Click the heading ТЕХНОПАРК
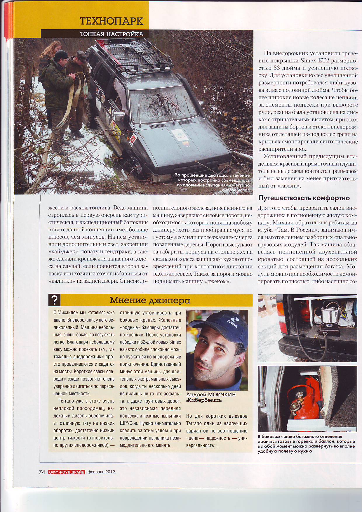112,21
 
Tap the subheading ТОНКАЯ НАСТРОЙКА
112,34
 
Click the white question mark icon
55,300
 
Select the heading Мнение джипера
150,300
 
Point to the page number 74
42,472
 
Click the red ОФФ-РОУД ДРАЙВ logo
67,472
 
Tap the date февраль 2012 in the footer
101,472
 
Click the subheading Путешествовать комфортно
304,198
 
